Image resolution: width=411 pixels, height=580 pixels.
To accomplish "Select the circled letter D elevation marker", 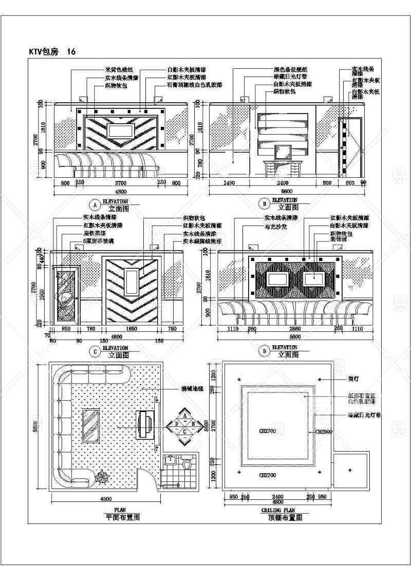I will click(x=264, y=351).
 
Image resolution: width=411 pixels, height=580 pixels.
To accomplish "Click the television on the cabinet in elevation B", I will click(x=284, y=152).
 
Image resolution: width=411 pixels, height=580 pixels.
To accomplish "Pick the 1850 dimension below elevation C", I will click(x=132, y=329).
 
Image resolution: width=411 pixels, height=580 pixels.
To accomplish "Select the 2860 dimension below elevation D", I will click(x=294, y=329).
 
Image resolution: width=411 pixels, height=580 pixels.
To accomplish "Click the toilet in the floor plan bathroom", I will click(x=188, y=463).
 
